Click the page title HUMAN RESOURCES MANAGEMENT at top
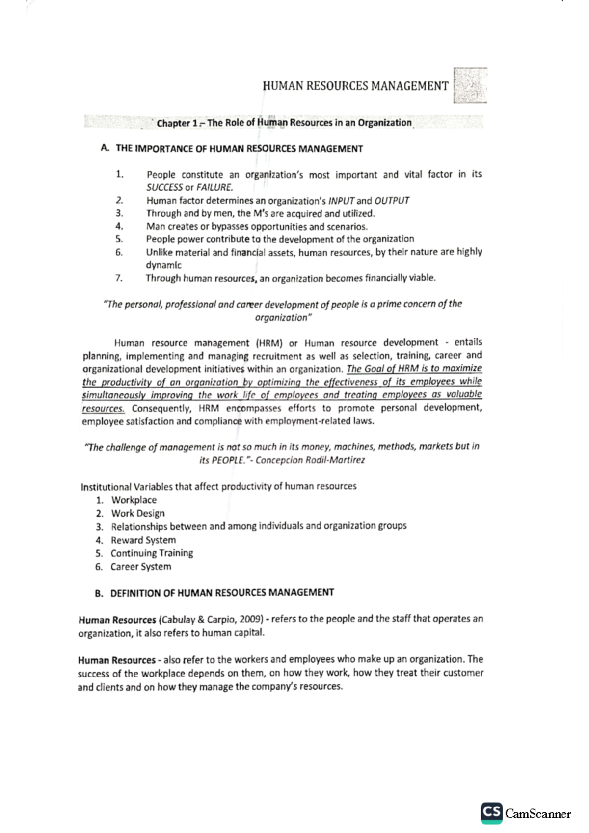(x=355, y=86)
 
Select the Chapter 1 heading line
(x=284, y=123)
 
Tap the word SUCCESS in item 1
(x=164, y=187)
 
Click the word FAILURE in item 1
(x=214, y=187)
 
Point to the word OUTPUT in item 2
(x=392, y=201)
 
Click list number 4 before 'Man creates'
(x=119, y=226)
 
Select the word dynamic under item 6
(x=163, y=265)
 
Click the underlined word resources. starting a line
(x=103, y=408)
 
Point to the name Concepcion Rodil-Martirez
(x=310, y=460)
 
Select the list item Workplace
(x=134, y=500)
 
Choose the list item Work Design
(x=137, y=513)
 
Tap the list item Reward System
(x=143, y=540)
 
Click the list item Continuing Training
(x=152, y=553)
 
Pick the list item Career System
(x=140, y=566)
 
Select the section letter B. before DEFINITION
(x=99, y=593)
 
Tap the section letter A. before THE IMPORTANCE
(x=104, y=148)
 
